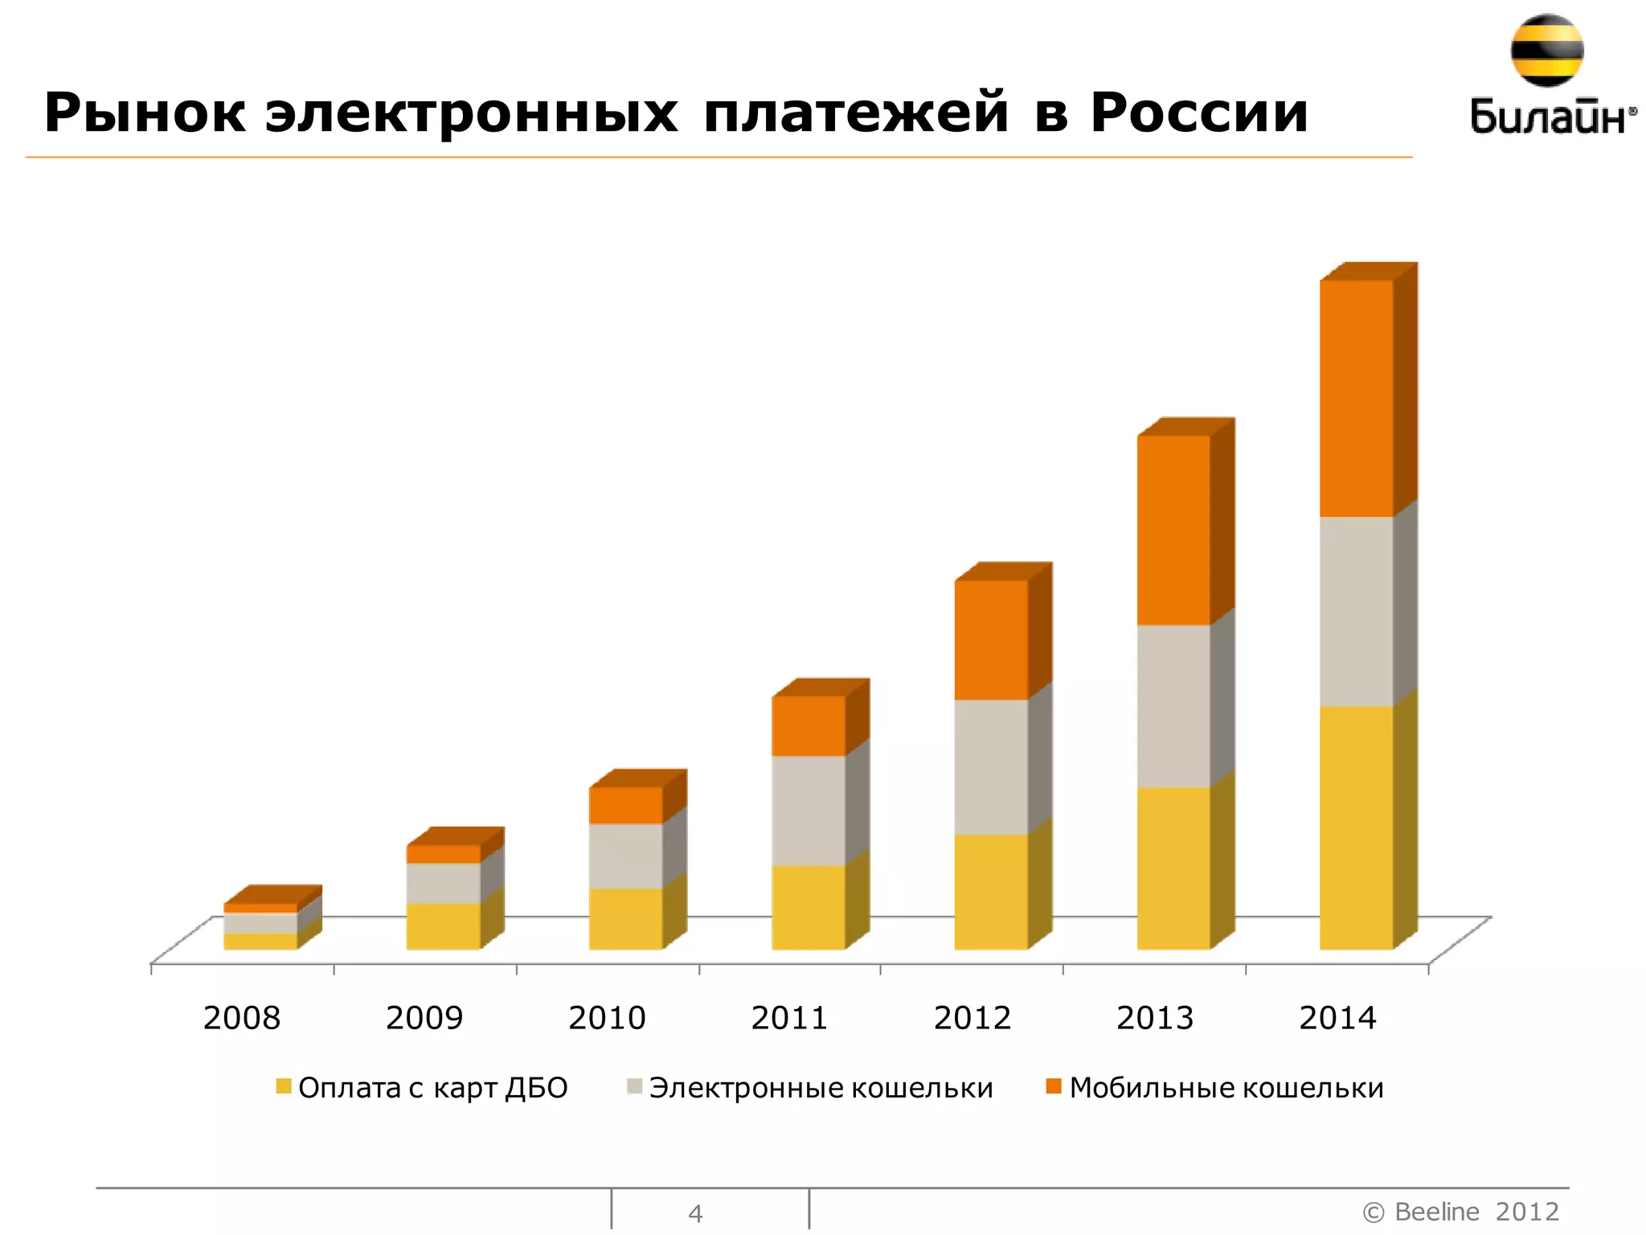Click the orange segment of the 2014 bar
click(1356, 398)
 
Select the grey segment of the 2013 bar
click(1173, 705)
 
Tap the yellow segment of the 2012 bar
click(991, 892)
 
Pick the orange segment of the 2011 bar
click(809, 725)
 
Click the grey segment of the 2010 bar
click(626, 855)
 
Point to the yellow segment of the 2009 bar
click(443, 926)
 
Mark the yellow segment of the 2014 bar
click(1356, 827)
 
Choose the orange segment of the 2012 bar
click(991, 639)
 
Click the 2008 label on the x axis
click(242, 1018)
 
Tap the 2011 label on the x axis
click(789, 1018)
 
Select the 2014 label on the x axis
click(1337, 1018)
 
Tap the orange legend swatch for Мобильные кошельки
click(1054, 1087)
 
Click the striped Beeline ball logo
click(1546, 50)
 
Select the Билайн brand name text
click(1551, 117)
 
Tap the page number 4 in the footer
click(695, 1213)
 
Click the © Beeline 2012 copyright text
click(1460, 1211)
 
